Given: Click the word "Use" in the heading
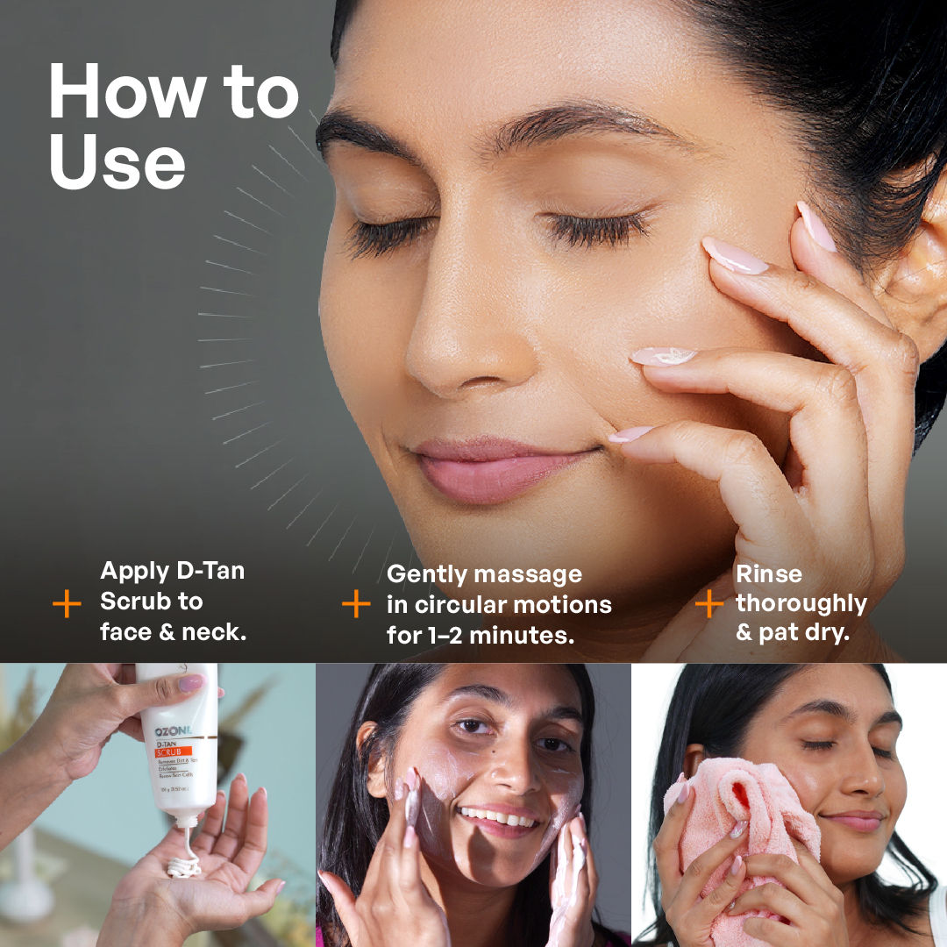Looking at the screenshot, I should point(117,164).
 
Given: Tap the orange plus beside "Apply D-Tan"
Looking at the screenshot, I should point(67,603).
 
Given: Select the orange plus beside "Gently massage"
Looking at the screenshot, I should point(356,603).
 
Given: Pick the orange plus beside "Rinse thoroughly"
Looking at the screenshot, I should point(708,603).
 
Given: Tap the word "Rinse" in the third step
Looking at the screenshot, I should point(768,573).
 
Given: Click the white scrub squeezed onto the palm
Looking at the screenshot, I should point(184,866).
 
